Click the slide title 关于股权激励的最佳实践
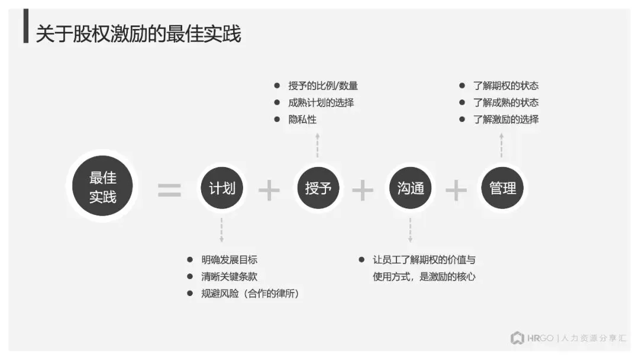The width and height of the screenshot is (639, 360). click(138, 34)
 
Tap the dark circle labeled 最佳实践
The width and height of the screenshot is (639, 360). click(102, 187)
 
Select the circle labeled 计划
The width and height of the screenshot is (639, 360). click(222, 188)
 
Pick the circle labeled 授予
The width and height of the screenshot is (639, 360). click(318, 188)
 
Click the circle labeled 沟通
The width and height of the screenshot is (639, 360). click(411, 188)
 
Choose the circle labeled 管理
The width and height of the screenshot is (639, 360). click(502, 188)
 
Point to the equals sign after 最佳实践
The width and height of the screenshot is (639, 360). click(169, 190)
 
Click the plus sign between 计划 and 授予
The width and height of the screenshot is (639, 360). click(269, 190)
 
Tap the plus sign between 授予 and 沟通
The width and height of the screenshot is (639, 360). click(363, 190)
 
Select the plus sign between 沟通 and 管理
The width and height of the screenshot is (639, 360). click(456, 190)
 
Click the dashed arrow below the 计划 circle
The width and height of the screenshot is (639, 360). click(222, 230)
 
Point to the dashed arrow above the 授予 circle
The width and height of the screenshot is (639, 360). click(318, 145)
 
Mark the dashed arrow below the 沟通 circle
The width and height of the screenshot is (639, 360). click(411, 230)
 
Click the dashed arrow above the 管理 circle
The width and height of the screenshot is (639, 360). click(502, 145)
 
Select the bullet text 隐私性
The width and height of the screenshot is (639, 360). click(302, 119)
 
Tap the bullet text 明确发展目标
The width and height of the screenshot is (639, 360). click(229, 259)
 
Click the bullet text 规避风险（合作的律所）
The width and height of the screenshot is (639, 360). click(250, 293)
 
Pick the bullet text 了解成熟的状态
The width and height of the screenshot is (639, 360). click(506, 102)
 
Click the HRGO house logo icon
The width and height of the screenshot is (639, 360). click(518, 338)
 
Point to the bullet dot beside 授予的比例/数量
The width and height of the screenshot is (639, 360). click(276, 86)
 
